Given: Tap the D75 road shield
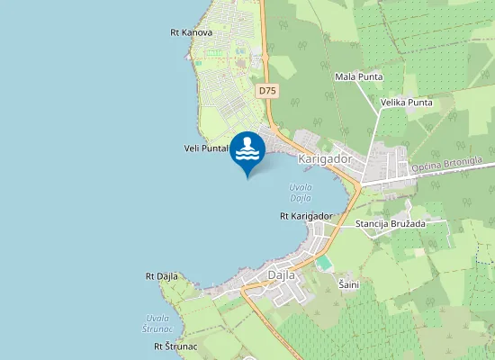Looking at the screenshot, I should click(267, 91).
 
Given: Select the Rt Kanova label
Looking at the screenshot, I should click(191, 32).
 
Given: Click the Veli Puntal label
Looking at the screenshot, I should click(206, 148).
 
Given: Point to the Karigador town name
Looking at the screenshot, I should click(323, 159).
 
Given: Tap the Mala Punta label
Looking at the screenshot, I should click(358, 76).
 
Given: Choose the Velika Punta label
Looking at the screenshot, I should click(406, 102).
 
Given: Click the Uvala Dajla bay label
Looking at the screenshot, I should click(301, 192).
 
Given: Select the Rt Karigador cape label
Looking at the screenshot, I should click(306, 216).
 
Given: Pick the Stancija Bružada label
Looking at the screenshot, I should click(389, 223).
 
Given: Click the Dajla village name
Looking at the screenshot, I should click(283, 275).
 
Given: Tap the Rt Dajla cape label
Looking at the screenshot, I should click(162, 276).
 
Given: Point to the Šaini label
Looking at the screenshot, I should click(348, 284).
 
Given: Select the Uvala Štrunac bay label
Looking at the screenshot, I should click(157, 324).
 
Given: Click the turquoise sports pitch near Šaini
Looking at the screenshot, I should click(323, 263).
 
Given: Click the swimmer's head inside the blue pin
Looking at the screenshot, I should click(247, 140).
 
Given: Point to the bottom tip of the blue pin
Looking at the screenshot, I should click(247, 177).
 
